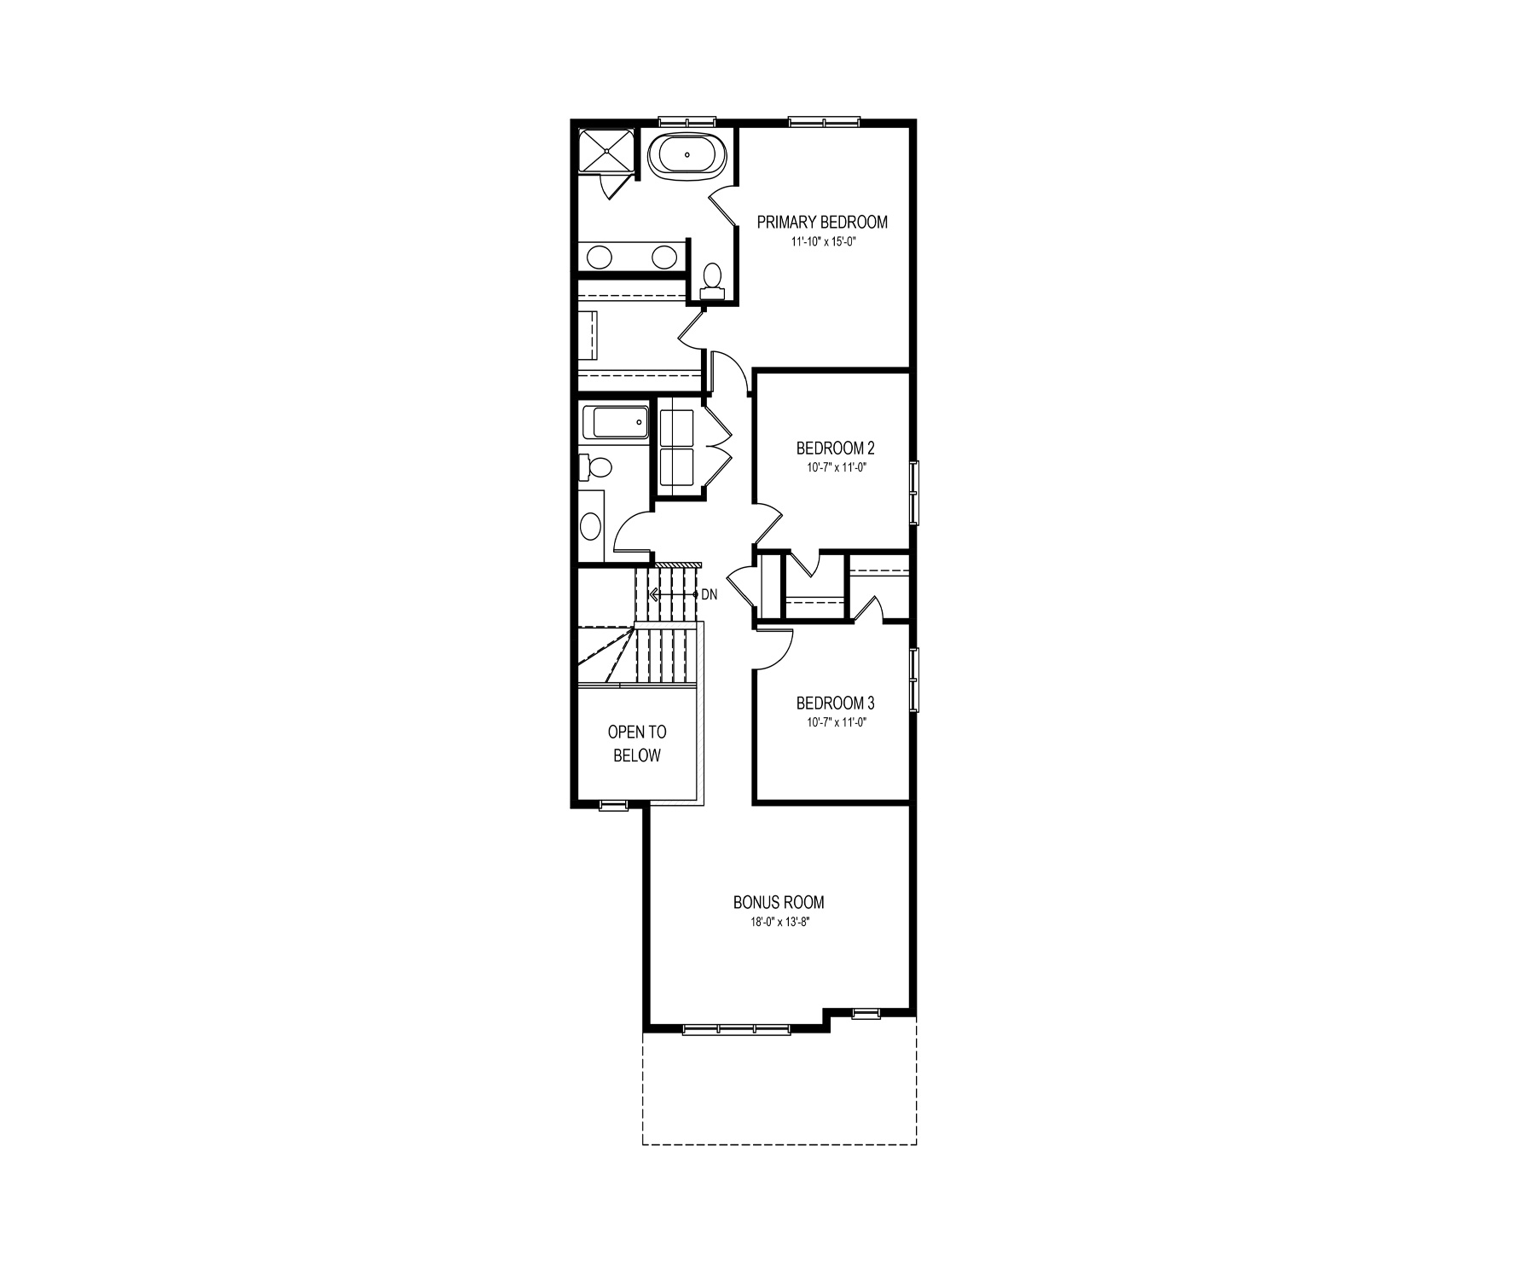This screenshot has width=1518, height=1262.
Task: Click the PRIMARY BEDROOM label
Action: click(x=822, y=222)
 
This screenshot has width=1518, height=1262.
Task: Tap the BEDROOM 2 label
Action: click(x=835, y=448)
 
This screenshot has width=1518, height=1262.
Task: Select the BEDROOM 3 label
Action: click(x=835, y=703)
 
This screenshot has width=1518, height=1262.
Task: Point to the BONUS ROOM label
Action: click(x=779, y=902)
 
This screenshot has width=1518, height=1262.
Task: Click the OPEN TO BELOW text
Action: click(x=637, y=744)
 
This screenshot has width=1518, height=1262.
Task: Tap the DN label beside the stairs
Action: click(x=710, y=594)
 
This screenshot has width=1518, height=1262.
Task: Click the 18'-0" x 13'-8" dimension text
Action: click(x=779, y=922)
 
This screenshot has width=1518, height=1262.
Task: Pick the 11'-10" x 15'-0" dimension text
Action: click(x=822, y=241)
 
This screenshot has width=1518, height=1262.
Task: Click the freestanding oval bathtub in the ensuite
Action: click(x=688, y=157)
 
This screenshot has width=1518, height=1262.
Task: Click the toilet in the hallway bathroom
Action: click(x=596, y=467)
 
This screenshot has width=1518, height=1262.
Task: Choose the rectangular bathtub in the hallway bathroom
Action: click(x=615, y=423)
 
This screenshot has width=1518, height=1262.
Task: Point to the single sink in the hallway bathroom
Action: click(x=590, y=527)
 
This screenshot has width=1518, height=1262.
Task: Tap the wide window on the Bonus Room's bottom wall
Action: click(x=737, y=1029)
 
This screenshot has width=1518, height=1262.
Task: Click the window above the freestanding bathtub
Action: click(x=687, y=121)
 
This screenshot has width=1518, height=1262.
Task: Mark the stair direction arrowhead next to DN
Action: click(x=653, y=594)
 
